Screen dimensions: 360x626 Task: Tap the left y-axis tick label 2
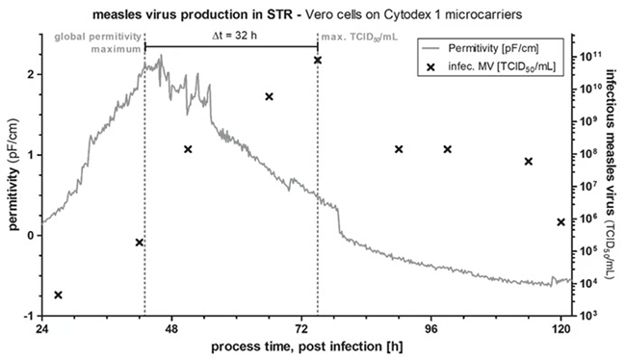point(32,74)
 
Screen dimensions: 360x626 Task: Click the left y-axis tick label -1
point(30,316)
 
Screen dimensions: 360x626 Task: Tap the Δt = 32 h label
point(230,35)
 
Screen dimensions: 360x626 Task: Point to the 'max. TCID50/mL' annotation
point(355,37)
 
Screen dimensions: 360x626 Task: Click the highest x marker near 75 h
point(317,60)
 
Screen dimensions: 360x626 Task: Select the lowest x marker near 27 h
point(58,295)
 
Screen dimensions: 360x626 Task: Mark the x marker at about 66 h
point(269,96)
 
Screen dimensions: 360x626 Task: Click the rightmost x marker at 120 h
point(561,222)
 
